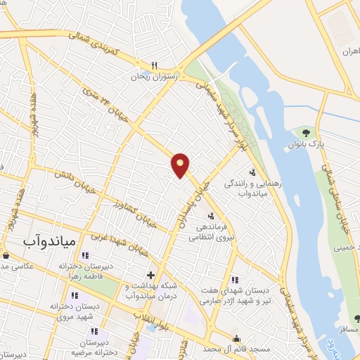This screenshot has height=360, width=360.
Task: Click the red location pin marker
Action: pyautogui.click(x=180, y=165)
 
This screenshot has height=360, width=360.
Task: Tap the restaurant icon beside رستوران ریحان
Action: pyautogui.click(x=164, y=65)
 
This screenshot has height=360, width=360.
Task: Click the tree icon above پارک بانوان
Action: pyautogui.click(x=304, y=132)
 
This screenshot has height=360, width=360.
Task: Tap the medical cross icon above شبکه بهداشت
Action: pyautogui.click(x=149, y=275)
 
